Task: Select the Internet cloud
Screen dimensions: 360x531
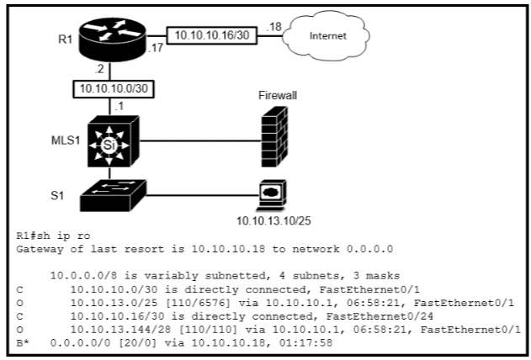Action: (x=327, y=37)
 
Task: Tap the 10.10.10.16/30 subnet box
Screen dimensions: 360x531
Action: (x=210, y=36)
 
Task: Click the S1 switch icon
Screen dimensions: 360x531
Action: (x=112, y=195)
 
